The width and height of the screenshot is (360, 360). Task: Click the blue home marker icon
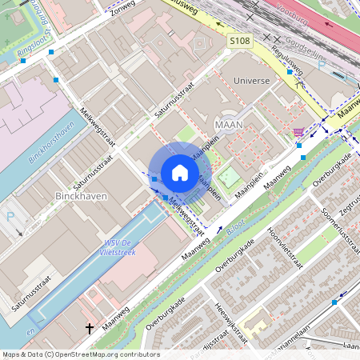180,172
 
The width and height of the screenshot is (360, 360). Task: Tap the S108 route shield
239,40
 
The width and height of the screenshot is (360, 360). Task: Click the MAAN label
229,125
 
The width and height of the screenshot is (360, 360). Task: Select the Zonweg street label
124,9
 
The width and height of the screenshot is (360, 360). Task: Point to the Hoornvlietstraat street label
282,248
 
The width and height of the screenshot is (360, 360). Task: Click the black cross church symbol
90,328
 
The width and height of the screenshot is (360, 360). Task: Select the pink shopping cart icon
298,132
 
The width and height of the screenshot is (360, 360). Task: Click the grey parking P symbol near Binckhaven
10,216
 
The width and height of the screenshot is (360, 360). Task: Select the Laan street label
350,346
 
